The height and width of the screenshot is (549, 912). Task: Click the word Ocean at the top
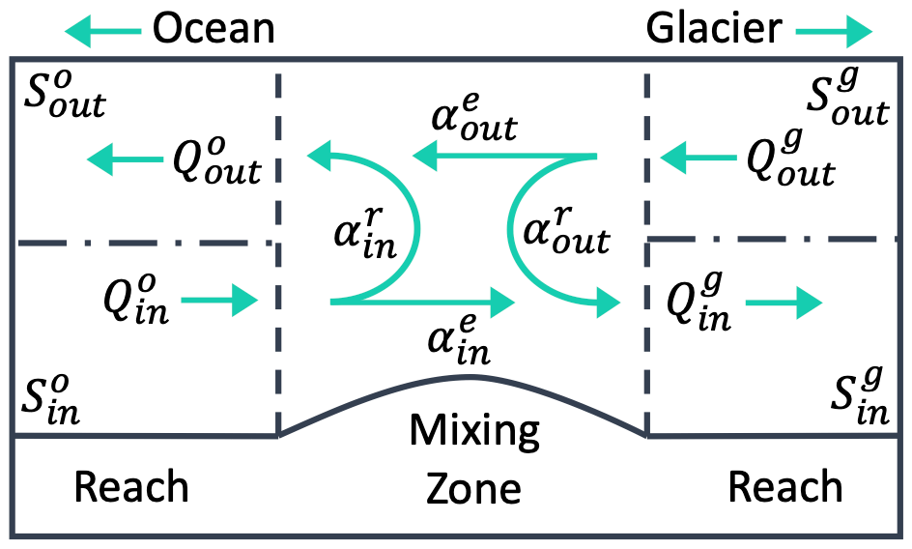[214, 29]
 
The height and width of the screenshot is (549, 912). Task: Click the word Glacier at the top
[713, 29]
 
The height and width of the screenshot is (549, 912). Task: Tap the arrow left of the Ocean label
[101, 33]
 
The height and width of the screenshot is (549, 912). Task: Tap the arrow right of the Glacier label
[834, 33]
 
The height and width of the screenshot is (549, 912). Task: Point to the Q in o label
[133, 300]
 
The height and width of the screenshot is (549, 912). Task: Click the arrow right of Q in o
[233, 301]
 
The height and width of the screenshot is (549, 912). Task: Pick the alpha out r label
[565, 232]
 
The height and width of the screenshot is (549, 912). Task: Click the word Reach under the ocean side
[131, 486]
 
